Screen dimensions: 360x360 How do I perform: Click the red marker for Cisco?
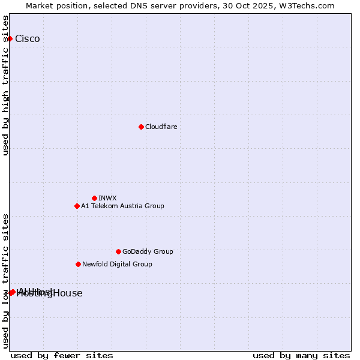click(x=10, y=39)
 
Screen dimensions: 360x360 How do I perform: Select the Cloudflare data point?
click(x=141, y=127)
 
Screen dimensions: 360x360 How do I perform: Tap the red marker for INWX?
click(x=94, y=198)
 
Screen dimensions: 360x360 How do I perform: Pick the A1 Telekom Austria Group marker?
click(x=77, y=206)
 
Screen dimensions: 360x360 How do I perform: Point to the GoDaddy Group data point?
click(x=118, y=251)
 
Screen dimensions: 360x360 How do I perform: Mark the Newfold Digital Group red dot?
click(x=78, y=264)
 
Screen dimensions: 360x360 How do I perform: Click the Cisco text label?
click(x=28, y=39)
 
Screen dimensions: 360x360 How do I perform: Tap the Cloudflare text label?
click(x=161, y=127)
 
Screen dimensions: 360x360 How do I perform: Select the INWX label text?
click(x=107, y=198)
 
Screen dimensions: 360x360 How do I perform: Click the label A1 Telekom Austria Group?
click(x=122, y=206)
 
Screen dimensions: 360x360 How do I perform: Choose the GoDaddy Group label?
click(x=148, y=251)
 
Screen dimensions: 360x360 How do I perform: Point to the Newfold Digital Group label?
click(x=117, y=264)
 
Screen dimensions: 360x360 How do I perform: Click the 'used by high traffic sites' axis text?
click(x=6, y=85)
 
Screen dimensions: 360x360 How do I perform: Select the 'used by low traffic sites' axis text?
click(x=6, y=280)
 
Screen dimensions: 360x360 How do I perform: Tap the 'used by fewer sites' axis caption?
click(x=62, y=355)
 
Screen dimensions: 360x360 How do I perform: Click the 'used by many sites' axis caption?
click(x=301, y=355)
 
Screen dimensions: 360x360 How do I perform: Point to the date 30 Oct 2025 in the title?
click(x=256, y=5)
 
